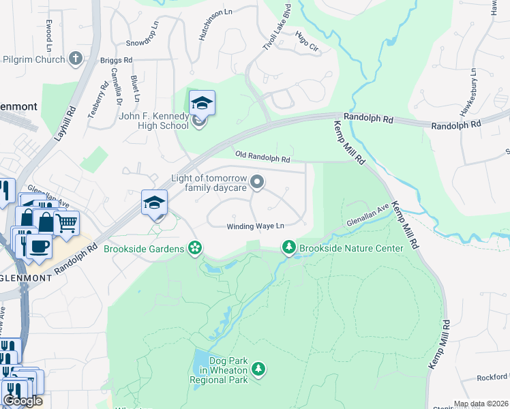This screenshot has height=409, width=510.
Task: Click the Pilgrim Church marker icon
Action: [75, 59]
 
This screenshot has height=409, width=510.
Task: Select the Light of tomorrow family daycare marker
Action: [257, 181]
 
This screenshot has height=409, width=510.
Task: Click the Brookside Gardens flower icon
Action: [196, 248]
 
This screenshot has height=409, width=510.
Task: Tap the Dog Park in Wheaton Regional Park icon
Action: [258, 369]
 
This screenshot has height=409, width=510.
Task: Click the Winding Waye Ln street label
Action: [255, 226]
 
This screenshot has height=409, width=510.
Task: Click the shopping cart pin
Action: [66, 222]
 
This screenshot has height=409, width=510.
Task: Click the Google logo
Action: [22, 401]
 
